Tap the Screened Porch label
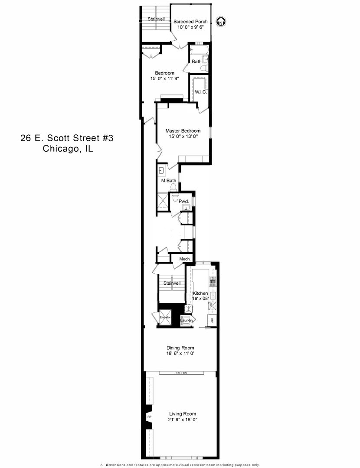point(190,22)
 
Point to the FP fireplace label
point(149,417)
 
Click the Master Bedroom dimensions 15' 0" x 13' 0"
point(183,136)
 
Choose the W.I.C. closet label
point(200,92)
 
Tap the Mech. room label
point(179,259)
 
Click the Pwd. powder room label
point(183,201)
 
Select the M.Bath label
point(168,180)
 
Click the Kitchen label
point(200,293)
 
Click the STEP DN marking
point(181,373)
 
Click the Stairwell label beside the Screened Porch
point(157,19)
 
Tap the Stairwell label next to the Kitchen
point(172,283)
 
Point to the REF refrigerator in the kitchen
point(212,321)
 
